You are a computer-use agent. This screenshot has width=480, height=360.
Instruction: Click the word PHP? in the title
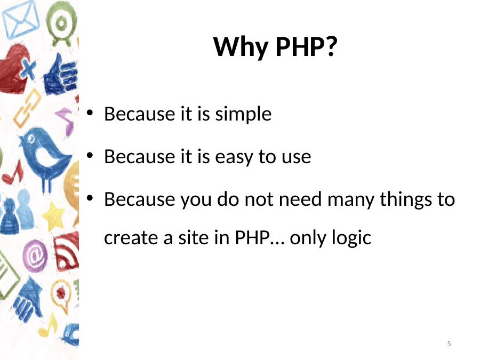click(x=306, y=47)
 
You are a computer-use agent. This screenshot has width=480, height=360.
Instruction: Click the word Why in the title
click(x=241, y=48)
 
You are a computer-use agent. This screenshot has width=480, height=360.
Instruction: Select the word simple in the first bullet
click(x=243, y=115)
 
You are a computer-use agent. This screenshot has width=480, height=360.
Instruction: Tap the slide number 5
click(x=449, y=343)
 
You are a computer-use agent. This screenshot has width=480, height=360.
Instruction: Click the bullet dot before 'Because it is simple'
click(x=90, y=113)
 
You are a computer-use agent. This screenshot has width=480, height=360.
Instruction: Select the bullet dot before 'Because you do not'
click(x=90, y=198)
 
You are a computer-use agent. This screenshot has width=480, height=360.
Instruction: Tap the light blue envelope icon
click(x=20, y=19)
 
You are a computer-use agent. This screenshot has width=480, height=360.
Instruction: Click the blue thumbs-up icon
click(x=61, y=76)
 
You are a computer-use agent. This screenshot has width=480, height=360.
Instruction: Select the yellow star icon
click(x=53, y=217)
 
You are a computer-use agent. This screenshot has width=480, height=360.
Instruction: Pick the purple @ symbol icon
click(x=35, y=256)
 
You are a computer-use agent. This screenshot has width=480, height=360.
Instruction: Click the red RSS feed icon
click(x=67, y=251)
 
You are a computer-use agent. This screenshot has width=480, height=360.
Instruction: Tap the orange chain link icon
click(x=28, y=108)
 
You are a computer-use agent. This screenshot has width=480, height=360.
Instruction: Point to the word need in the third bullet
click(x=300, y=199)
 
